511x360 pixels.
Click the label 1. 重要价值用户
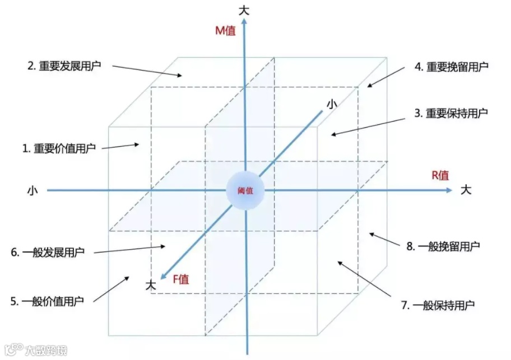(x=59, y=148)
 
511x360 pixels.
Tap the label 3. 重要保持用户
(x=451, y=113)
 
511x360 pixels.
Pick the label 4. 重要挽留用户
(x=452, y=67)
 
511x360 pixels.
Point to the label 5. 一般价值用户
(x=47, y=301)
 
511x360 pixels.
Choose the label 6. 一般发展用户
(x=48, y=253)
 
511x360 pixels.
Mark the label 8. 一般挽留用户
(x=443, y=246)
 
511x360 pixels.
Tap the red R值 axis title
(x=440, y=175)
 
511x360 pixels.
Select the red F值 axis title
(x=180, y=279)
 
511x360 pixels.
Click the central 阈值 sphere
(x=245, y=190)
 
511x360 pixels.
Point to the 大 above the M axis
(x=244, y=10)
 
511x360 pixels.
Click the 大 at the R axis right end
(x=466, y=190)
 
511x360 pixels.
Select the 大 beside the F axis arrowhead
(x=150, y=284)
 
